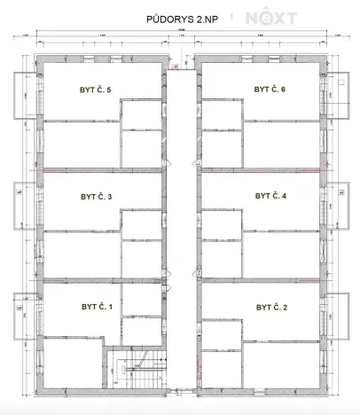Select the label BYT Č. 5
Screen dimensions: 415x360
[x=96, y=90]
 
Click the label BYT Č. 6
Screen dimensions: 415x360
[x=270, y=90]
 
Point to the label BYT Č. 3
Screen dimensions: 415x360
[x=96, y=197]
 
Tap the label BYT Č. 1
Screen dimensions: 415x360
[x=96, y=307]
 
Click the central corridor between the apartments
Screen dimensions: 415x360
[x=181, y=222]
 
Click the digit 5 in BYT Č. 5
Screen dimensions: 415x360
[x=108, y=90]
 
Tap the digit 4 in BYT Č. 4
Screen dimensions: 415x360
[x=283, y=196]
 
